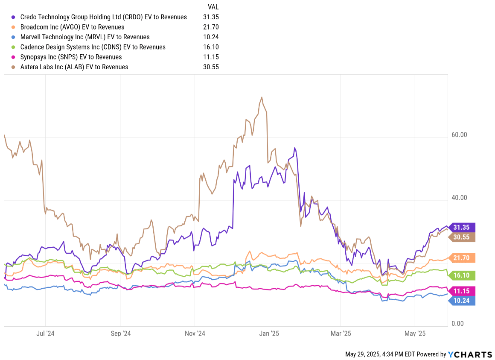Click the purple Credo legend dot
(13, 17)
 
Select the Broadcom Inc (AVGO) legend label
(72, 27)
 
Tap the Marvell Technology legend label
(85, 37)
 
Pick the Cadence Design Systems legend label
(93, 47)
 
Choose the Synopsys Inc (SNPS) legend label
(71, 57)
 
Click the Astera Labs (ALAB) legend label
(74, 67)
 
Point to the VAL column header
(213, 7)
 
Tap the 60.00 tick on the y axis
(459, 135)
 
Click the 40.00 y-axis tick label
(459, 198)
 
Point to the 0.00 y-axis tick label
(457, 323)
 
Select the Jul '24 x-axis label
(45, 333)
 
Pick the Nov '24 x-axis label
(195, 333)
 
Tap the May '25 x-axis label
(415, 333)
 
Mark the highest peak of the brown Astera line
(262, 97)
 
